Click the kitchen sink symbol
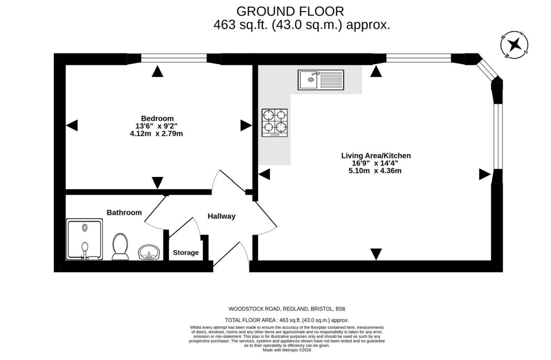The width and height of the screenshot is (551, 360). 321,80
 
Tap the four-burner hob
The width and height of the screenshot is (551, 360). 275,123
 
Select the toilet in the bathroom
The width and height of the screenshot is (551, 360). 120,247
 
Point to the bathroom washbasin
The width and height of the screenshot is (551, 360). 149,252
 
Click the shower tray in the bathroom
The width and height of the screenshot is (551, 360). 84,239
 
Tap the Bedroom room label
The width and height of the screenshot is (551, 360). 157,118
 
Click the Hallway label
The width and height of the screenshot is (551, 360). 222,216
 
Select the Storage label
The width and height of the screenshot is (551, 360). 186,253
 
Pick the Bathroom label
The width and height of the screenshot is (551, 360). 124,213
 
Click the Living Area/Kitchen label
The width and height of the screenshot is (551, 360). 376,156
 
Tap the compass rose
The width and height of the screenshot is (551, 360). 514,45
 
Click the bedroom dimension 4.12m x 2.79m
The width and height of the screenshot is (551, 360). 156,134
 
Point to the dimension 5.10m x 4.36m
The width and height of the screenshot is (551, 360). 375,171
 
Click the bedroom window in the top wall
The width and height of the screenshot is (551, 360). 174,58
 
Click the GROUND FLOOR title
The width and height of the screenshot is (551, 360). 290,11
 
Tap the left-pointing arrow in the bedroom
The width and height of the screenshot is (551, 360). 72,125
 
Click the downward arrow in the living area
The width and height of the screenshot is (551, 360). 376,254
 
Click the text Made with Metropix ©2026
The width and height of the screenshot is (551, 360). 287,350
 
